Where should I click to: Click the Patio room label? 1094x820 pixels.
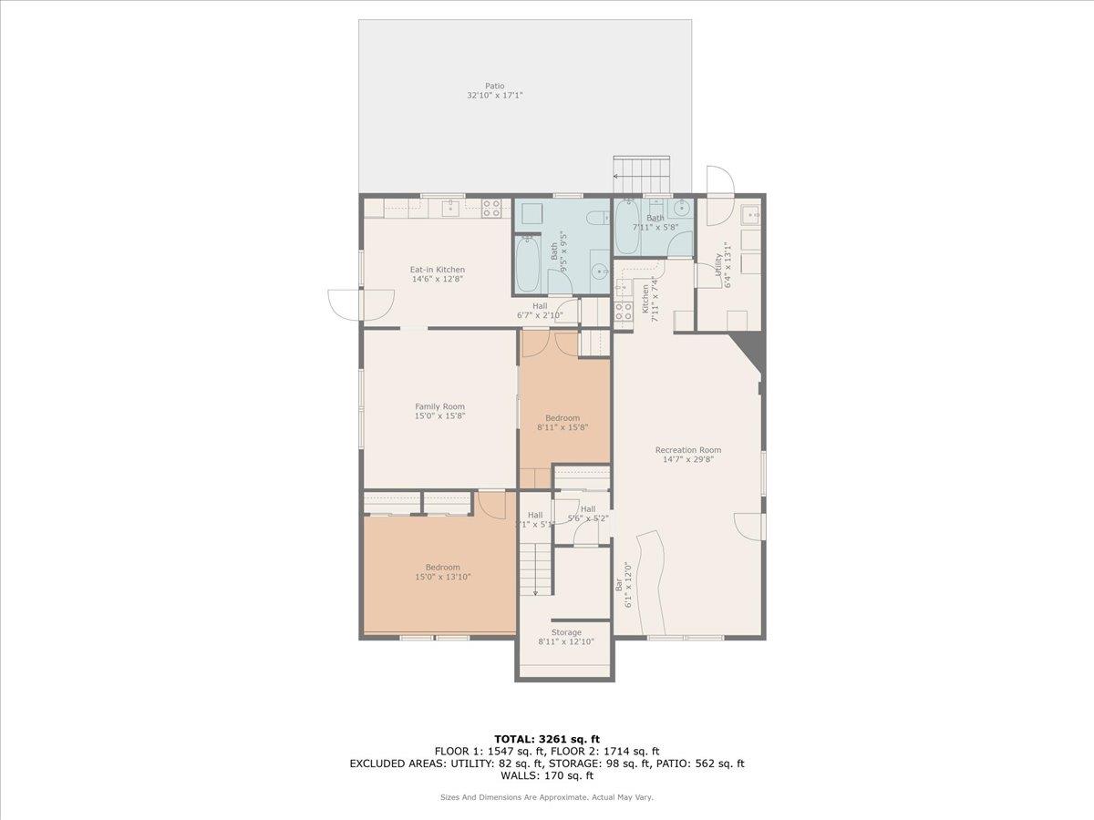494,87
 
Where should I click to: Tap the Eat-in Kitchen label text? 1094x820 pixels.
437,270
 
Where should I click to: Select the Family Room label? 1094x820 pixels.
439,406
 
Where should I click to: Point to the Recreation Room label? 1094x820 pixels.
687,450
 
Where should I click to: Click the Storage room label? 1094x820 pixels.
566,632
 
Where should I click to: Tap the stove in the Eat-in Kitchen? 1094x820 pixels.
491,209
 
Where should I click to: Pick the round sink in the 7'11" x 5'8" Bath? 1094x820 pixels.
682,208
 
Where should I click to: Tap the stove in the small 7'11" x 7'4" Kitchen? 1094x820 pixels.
624,313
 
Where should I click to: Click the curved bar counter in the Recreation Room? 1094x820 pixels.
651,574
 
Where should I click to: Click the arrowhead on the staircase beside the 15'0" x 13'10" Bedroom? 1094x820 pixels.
535,593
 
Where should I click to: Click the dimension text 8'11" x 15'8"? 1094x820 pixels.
562,426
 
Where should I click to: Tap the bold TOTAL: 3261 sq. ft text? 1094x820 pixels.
547,739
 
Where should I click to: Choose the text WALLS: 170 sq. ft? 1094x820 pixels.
547,775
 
